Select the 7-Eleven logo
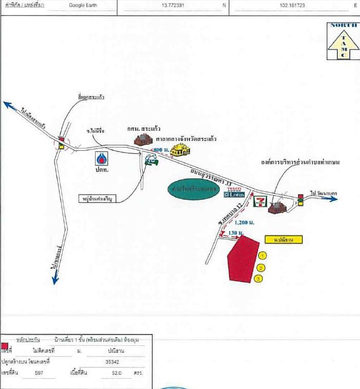click(259, 200)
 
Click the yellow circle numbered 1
click(263, 255)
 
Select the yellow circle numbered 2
click(261, 267)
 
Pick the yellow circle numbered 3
click(258, 279)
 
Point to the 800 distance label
click(161, 149)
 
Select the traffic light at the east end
click(300, 199)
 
